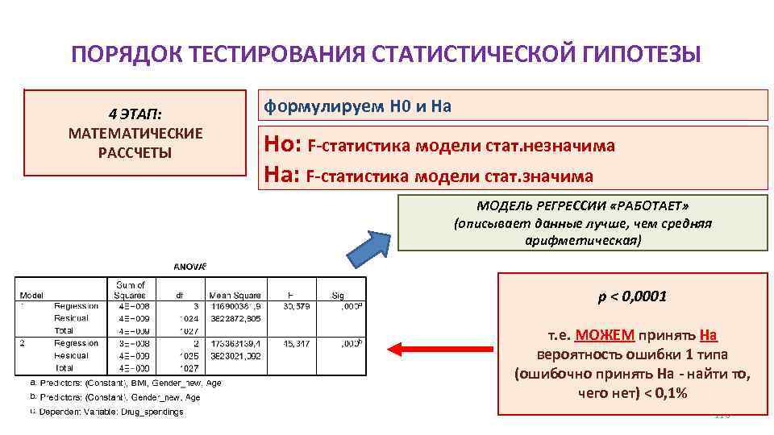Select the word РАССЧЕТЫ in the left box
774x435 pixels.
[135, 152]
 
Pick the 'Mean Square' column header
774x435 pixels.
[235, 295]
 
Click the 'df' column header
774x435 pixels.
[181, 295]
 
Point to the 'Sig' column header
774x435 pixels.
[337, 295]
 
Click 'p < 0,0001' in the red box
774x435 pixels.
[632, 297]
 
